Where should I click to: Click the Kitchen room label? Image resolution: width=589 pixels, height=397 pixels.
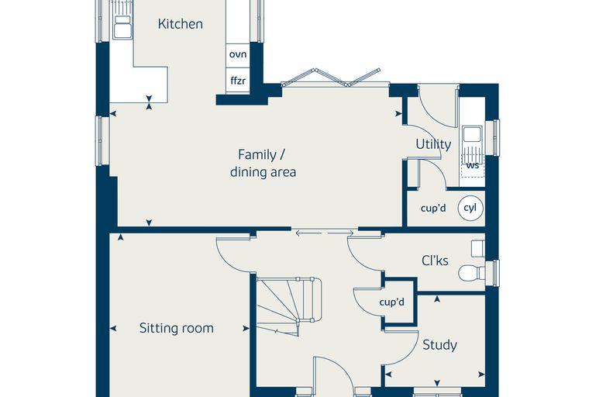pyautogui.click(x=181, y=24)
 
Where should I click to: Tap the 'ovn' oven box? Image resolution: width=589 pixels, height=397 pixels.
pyautogui.click(x=238, y=54)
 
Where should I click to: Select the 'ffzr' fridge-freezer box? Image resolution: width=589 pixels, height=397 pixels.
pyautogui.click(x=238, y=81)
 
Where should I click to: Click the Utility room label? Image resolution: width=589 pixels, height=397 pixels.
pyautogui.click(x=433, y=144)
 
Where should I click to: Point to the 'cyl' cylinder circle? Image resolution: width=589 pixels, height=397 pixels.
pyautogui.click(x=470, y=208)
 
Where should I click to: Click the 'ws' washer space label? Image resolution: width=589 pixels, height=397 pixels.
pyautogui.click(x=473, y=165)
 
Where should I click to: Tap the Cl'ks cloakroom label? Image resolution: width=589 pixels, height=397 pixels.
pyautogui.click(x=435, y=261)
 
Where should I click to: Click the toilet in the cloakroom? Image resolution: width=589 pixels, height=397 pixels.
pyautogui.click(x=472, y=273)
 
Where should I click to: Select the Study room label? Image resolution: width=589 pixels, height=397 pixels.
pyautogui.click(x=440, y=345)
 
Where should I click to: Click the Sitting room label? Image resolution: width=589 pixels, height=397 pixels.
pyautogui.click(x=177, y=328)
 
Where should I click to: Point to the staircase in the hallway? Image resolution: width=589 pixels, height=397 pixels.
pyautogui.click(x=288, y=306)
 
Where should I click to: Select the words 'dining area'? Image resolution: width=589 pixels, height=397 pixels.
pyautogui.click(x=263, y=172)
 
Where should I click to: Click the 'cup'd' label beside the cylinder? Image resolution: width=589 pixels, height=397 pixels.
pyautogui.click(x=433, y=208)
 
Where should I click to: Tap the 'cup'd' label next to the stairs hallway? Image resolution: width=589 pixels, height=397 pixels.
pyautogui.click(x=392, y=302)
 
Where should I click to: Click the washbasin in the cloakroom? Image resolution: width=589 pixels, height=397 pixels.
pyautogui.click(x=478, y=249)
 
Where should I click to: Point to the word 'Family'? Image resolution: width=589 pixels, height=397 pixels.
pyautogui.click(x=257, y=154)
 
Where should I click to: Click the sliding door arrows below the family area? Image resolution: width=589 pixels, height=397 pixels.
pyautogui.click(x=325, y=233)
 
